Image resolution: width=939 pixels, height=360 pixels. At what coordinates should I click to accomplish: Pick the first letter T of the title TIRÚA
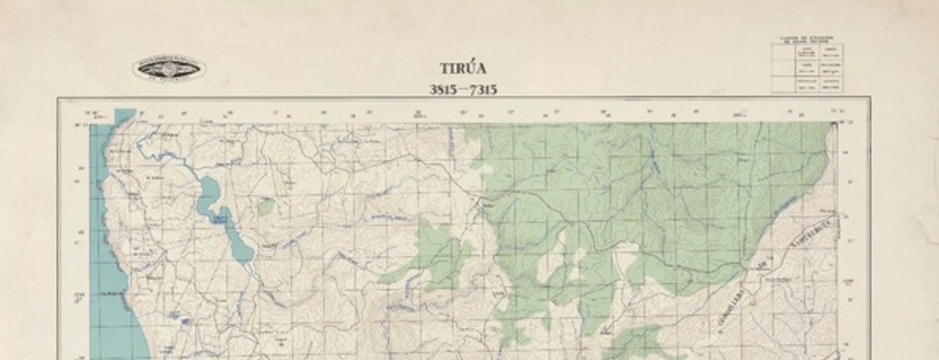(443, 70)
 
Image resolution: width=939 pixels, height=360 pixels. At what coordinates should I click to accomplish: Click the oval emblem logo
(169, 69)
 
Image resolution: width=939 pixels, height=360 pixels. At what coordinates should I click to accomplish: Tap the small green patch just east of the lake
(266, 207)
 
